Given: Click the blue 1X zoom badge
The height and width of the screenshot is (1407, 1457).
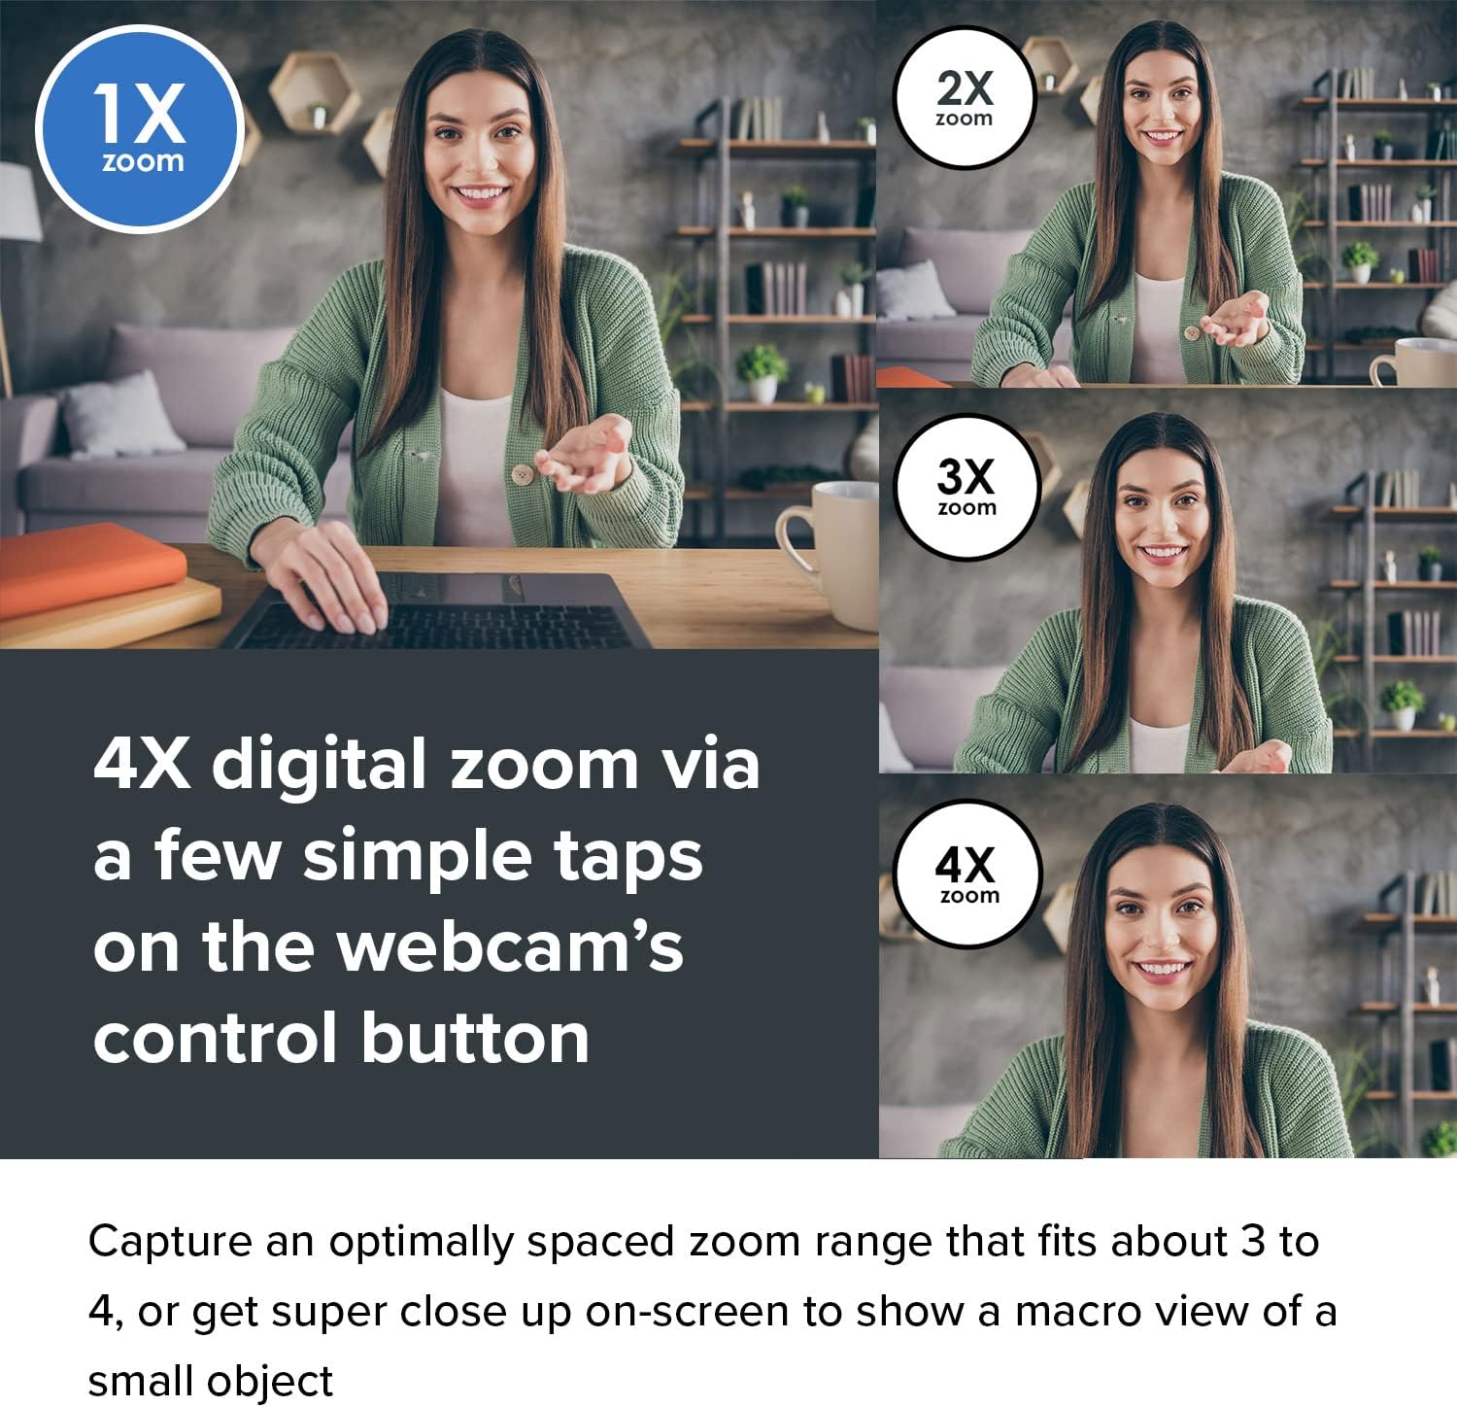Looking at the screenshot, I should (138, 128).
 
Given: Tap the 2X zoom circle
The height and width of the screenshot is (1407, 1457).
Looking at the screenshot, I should (965, 98).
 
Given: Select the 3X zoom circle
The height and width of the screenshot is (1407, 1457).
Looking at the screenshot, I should (966, 487).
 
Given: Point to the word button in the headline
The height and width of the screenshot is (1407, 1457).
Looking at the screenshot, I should (475, 1038).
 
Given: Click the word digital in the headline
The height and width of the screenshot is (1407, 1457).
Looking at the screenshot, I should (320, 764).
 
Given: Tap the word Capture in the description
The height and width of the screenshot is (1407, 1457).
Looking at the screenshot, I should (170, 1242).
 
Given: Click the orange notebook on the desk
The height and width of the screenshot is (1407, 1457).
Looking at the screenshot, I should (87, 567).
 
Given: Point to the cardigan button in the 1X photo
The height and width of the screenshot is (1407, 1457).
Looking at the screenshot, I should (524, 474).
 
